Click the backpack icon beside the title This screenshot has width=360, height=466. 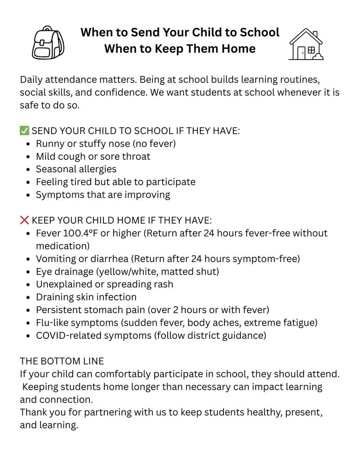[x=48, y=42]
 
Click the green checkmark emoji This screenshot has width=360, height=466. [x=24, y=131]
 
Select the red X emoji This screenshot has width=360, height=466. [x=24, y=220]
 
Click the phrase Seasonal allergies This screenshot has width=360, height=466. [x=76, y=169]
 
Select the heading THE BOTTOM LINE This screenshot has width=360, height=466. [x=62, y=361]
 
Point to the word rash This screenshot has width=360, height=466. [x=163, y=284]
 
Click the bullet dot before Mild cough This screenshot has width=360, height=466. [x=29, y=157]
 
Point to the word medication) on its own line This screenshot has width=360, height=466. [x=63, y=246]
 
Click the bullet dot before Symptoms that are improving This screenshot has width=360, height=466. [x=29, y=195]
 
